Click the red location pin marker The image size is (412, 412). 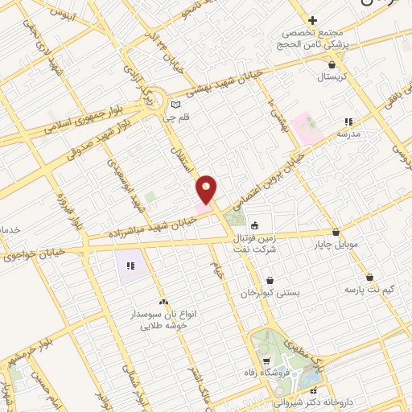click(x=207, y=188)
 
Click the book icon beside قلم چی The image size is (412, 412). click(x=176, y=104)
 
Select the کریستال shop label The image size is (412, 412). click(x=331, y=77)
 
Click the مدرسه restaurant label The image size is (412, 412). click(x=347, y=134)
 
